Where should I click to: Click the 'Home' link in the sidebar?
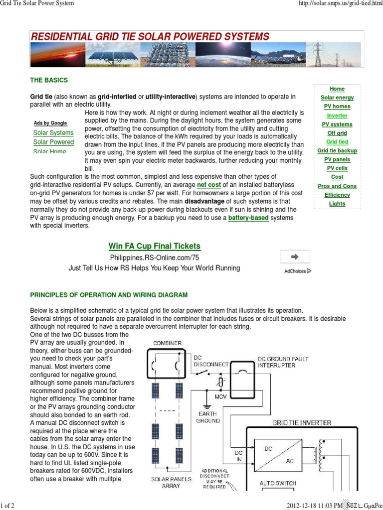[x=337, y=89]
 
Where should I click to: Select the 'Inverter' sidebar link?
[x=337, y=116]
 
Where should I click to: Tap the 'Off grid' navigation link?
[x=337, y=133]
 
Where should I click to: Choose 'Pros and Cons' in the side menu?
[x=337, y=186]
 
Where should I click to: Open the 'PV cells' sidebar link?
[x=337, y=168]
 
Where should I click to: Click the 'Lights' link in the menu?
[x=337, y=204]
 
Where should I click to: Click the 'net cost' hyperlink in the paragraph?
[x=209, y=185]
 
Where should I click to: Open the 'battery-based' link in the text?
[x=248, y=218]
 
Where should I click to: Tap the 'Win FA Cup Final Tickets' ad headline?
[x=154, y=246]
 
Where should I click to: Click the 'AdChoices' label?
[x=298, y=271]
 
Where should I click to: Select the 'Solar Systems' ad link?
[x=53, y=133]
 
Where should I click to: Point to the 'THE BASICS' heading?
[x=49, y=80]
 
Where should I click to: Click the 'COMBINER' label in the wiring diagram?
[x=168, y=343]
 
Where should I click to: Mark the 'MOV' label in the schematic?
[x=220, y=397]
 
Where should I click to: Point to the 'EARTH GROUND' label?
[x=207, y=417]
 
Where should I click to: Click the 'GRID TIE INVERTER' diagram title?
[x=301, y=422]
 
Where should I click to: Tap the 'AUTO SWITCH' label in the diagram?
[x=278, y=483]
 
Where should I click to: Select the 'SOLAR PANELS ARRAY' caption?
[x=171, y=483]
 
